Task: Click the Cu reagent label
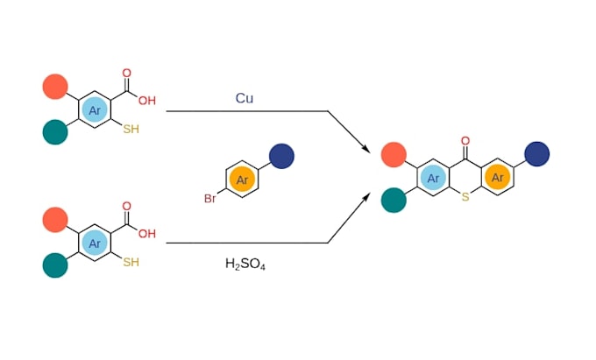[x=245, y=98]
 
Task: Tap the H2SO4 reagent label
[x=245, y=264]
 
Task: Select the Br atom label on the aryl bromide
[x=210, y=198]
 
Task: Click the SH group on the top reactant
[x=131, y=129]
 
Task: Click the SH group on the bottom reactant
[x=131, y=262]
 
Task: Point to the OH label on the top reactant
[x=147, y=101]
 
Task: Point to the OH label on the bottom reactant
[x=147, y=234]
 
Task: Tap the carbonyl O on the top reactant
[x=126, y=73]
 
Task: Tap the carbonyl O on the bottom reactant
[x=126, y=206]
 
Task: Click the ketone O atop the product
[x=465, y=141]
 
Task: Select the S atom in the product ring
[x=465, y=197]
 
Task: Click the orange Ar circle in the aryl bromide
[x=242, y=180]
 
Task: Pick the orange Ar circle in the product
[x=498, y=177]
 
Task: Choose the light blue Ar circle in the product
[x=433, y=178]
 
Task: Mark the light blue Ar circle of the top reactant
[x=95, y=110]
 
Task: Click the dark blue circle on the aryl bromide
[x=281, y=156]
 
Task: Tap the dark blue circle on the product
[x=536, y=154]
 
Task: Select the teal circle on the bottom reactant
[x=55, y=265]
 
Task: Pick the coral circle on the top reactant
[x=55, y=87]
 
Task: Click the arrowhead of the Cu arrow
[x=366, y=149]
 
